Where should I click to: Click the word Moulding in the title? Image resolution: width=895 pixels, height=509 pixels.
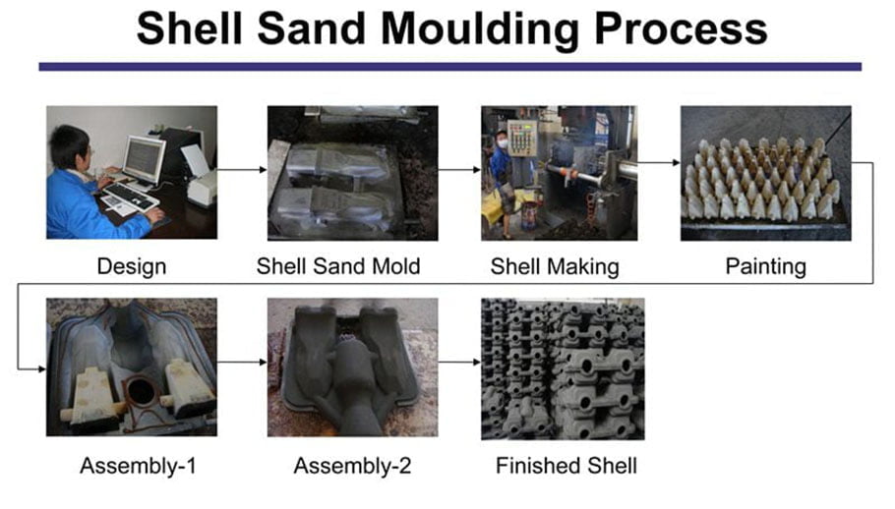pos(480,29)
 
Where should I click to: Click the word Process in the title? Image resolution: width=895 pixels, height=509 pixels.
pos(681,28)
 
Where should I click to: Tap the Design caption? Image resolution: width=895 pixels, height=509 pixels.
pos(131,266)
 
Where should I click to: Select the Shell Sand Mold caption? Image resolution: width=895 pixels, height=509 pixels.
pos(338,266)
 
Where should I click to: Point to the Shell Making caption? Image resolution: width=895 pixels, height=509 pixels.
pos(555,266)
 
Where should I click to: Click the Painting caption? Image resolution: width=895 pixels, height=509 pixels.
pos(765,266)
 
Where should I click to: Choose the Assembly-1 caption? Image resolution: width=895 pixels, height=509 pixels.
pos(138,466)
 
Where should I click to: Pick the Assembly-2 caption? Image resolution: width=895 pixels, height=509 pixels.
pos(352,466)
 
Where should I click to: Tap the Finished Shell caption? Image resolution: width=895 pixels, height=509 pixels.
pos(567,466)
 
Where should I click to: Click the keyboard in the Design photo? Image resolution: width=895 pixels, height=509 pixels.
pos(130,196)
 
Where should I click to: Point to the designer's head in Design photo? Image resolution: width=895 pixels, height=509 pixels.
pos(69,145)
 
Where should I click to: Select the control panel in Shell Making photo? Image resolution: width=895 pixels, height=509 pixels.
pos(522,138)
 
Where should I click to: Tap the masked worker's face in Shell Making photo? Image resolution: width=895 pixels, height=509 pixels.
pos(502,141)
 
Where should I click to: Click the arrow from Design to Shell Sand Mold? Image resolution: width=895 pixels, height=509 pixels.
pos(242,169)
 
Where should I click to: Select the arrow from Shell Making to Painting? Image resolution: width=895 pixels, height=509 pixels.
pos(659,162)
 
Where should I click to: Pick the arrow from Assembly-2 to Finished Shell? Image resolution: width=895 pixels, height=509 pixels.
pos(459,362)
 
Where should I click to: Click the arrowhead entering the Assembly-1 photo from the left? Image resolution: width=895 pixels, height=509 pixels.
pos(42,369)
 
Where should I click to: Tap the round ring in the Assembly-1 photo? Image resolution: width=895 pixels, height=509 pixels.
pos(141,390)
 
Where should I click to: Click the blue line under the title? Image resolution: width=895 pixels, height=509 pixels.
pos(449,67)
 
